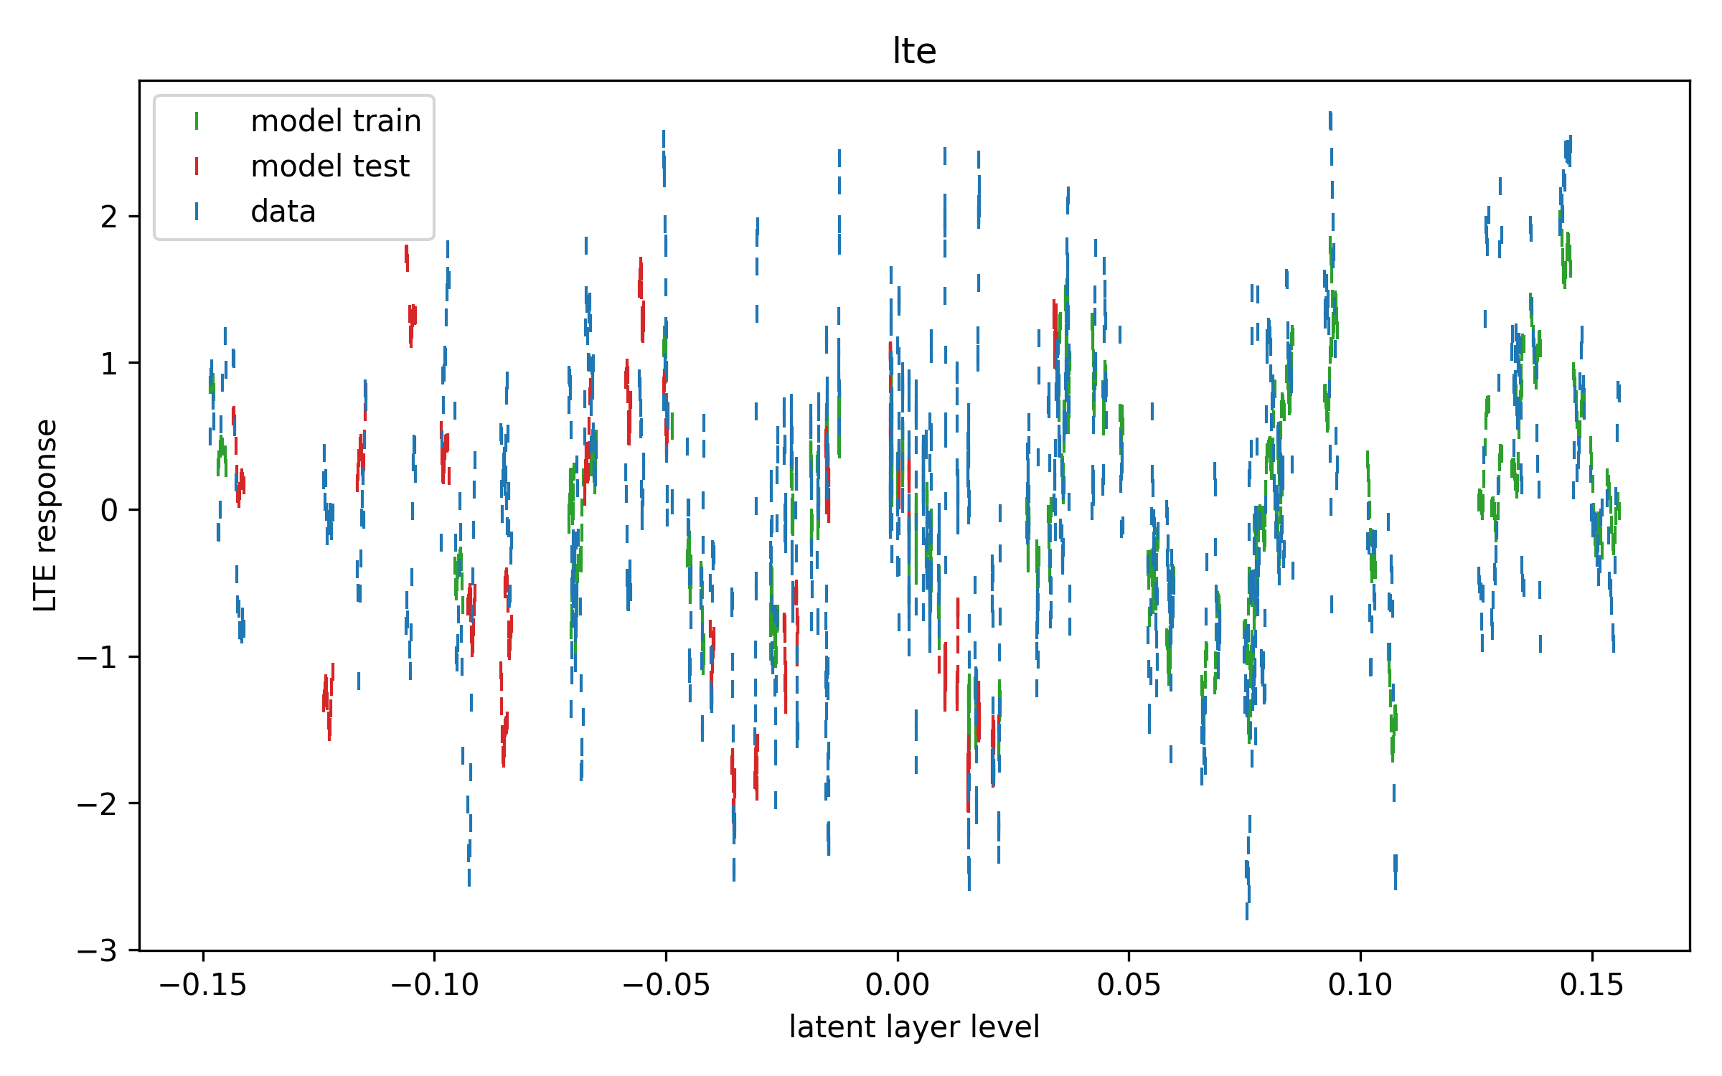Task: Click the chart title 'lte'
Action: pos(914,51)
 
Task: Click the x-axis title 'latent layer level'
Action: pos(914,1027)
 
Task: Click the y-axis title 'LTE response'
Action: pos(46,515)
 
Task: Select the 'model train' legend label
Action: pos(336,121)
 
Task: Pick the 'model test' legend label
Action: pos(330,166)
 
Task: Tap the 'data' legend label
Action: pos(283,212)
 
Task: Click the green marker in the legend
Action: pos(197,121)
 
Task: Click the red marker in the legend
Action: pos(197,166)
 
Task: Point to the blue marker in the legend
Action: pos(197,212)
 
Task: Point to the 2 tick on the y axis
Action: pos(109,217)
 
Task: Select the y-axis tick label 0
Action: pos(109,510)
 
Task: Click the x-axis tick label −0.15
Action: pos(203,985)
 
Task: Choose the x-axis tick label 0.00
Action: pos(898,985)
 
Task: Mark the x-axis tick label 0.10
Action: pos(1360,985)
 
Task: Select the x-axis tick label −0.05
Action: pos(666,985)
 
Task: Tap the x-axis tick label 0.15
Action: pos(1592,985)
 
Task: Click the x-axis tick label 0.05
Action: pos(1129,985)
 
